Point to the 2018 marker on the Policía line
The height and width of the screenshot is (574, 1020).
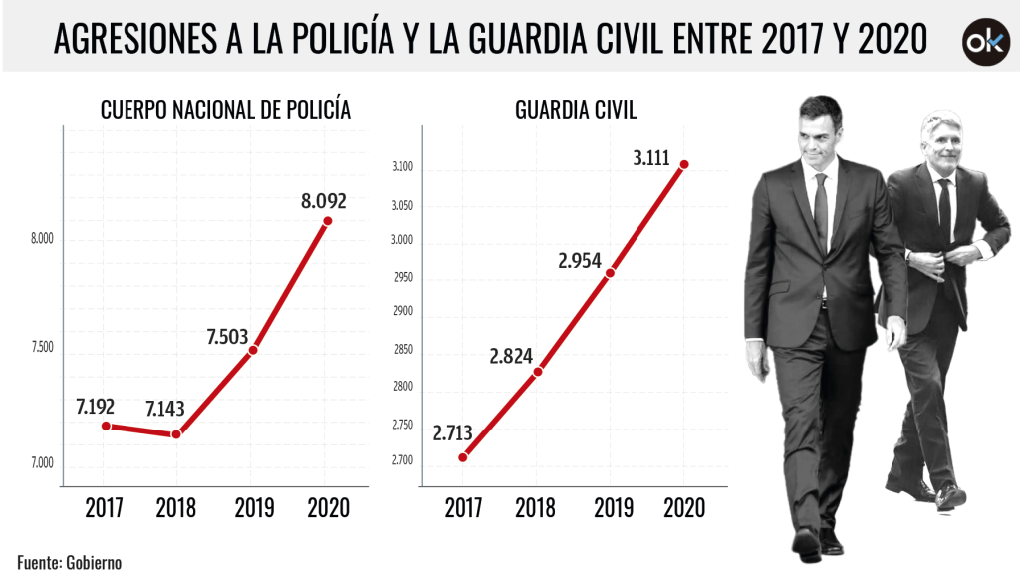pos(176,434)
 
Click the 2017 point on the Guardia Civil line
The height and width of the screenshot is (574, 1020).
pos(463,457)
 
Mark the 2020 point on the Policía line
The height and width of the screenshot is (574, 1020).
pos(327,221)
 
